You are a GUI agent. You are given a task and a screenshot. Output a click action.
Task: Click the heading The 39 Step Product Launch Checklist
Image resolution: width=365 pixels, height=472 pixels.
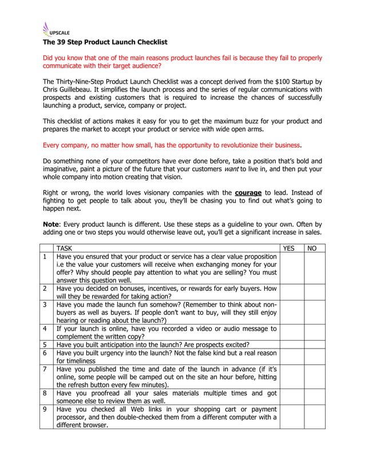coord(105,42)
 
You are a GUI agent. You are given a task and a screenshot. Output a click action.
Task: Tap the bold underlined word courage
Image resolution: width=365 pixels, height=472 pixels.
coord(248,193)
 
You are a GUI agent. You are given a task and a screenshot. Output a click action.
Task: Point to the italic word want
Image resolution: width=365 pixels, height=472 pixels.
coord(231,169)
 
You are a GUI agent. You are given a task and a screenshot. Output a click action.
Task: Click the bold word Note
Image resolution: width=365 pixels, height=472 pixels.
coord(53,224)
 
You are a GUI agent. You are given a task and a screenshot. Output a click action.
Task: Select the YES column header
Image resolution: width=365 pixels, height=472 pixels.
coord(291,249)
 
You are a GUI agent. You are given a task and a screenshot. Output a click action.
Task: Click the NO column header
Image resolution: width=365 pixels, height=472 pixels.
coord(312,249)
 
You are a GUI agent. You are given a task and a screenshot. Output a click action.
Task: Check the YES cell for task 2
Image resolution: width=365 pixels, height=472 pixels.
coord(291,293)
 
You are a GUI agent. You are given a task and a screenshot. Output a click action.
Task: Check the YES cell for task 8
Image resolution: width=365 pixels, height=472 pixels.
coord(291,397)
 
